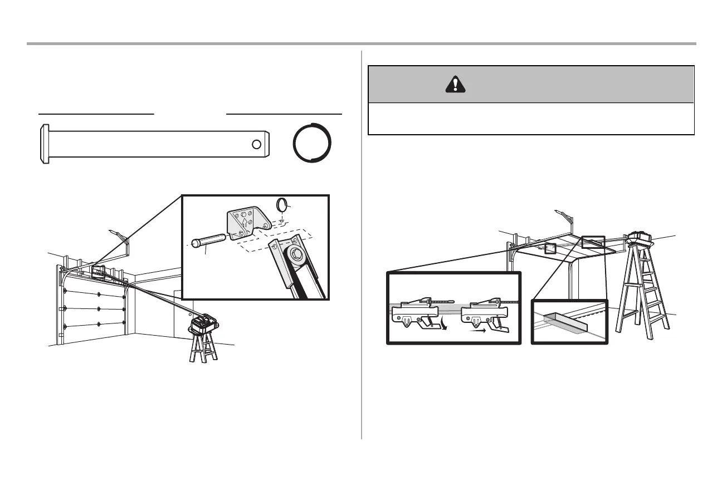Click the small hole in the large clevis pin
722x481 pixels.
pyautogui.click(x=256, y=144)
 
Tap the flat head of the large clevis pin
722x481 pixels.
pyautogui.click(x=43, y=144)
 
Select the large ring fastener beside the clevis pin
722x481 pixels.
pyautogui.click(x=313, y=144)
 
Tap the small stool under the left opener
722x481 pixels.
pyautogui.click(x=203, y=347)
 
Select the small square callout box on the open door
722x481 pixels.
pyautogui.click(x=550, y=249)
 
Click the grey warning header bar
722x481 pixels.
pyautogui.click(x=531, y=84)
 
